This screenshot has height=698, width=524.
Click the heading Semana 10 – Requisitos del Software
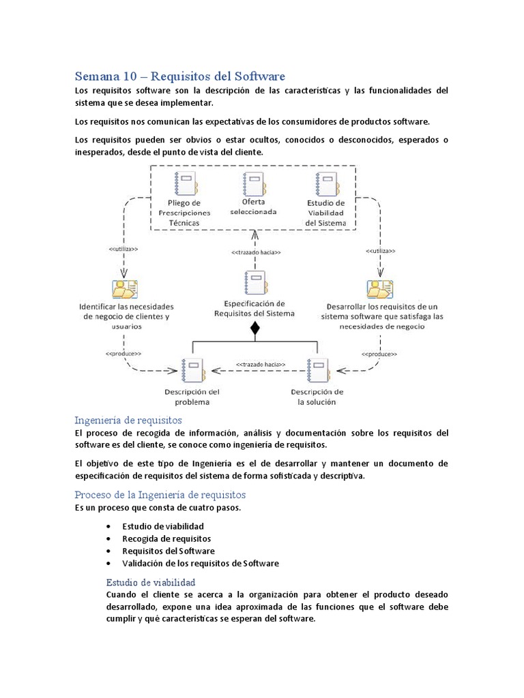point(179,76)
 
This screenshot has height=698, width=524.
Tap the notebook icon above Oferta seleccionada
point(254,184)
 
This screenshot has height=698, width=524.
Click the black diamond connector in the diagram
point(255,329)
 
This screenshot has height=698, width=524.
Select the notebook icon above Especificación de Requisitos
point(254,284)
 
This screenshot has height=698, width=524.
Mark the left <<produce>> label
point(123,354)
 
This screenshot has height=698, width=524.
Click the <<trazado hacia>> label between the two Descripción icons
point(260,364)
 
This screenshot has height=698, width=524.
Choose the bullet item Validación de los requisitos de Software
point(200,563)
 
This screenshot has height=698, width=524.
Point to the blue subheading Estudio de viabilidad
point(151,582)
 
